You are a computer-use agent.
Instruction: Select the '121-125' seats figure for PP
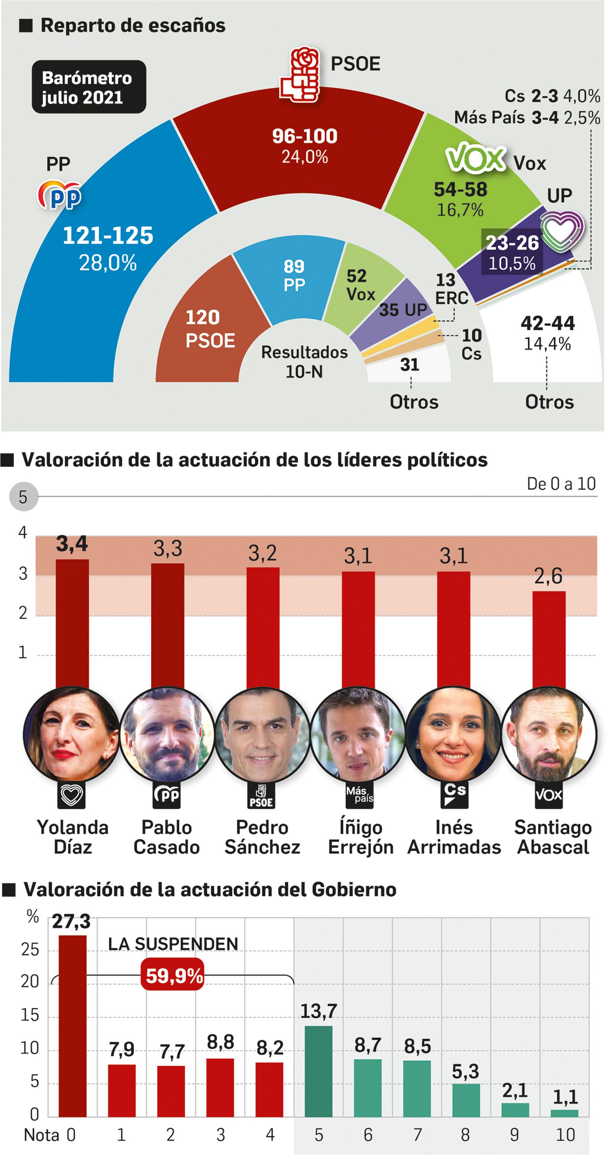pos(108,236)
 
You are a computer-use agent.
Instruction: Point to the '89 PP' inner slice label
pos(294,275)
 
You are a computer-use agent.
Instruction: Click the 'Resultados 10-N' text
pos(304,361)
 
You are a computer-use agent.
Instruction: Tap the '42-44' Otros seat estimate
pos(547,323)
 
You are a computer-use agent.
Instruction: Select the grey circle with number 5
pos(23,497)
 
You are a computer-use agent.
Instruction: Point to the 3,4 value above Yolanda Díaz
pos(72,544)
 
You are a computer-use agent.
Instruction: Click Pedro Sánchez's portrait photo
pos(262,734)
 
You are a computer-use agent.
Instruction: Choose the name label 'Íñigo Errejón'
pos(360,837)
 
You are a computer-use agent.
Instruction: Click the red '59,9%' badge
pos(173,976)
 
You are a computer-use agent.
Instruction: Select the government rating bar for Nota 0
pos(72,1026)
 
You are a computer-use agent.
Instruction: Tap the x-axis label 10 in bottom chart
pos(565,1135)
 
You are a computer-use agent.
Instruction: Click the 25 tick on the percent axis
pos(30,950)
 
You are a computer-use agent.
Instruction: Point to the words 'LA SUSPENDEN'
pos(173,944)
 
